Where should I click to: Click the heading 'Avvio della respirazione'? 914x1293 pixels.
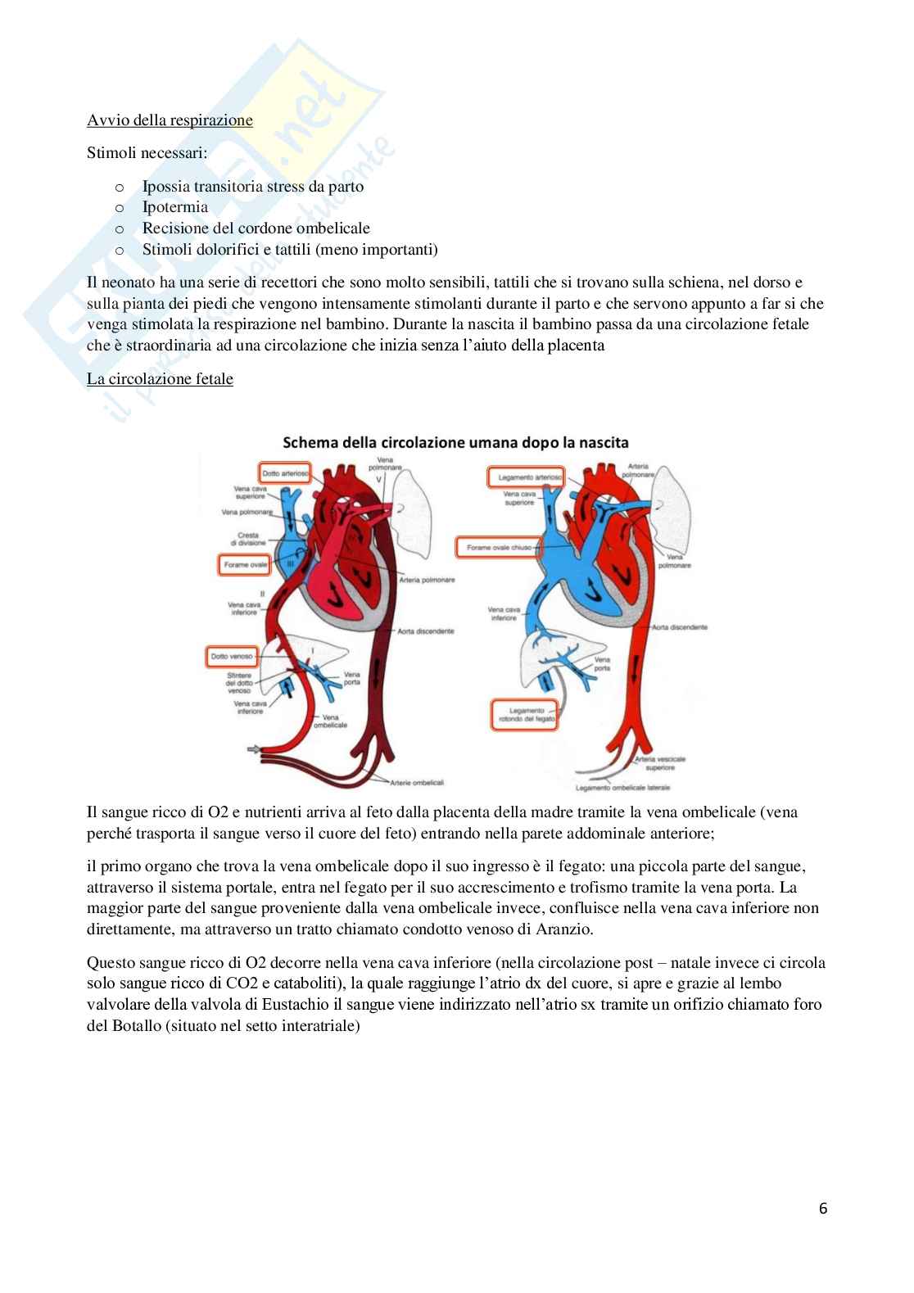(170, 120)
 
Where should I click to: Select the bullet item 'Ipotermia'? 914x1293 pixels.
(174, 207)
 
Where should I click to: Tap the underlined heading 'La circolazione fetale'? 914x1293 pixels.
(160, 379)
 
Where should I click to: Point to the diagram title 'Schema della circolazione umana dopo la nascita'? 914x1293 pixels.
(455, 442)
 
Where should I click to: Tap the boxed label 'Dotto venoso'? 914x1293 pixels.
(230, 656)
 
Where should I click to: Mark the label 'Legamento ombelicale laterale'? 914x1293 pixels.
(622, 787)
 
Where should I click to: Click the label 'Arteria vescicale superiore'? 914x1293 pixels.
(660, 764)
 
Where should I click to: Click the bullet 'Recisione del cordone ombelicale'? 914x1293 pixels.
(256, 228)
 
